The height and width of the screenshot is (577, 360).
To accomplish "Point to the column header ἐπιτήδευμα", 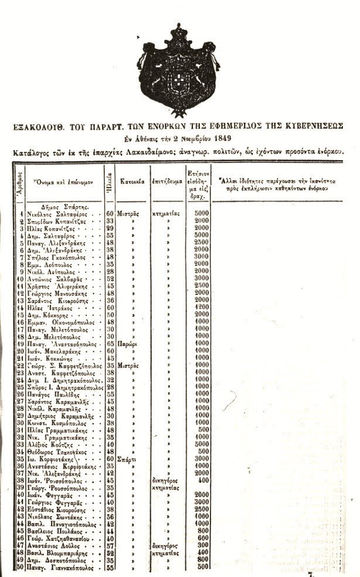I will click(167, 181).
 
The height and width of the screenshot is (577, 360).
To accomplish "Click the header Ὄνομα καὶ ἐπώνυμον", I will click(64, 182).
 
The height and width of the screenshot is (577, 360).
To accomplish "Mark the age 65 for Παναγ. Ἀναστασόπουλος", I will click(110, 342).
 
